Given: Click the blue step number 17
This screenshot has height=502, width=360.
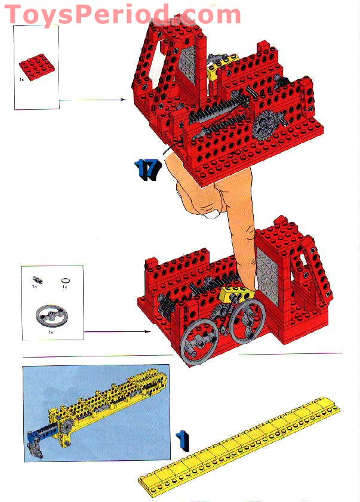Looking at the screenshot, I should tap(148, 170).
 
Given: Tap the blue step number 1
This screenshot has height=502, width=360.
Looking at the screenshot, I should tap(183, 440).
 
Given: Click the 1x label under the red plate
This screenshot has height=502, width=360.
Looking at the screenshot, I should tap(21, 79).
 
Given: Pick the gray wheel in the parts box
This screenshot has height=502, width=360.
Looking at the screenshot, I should tap(50, 315).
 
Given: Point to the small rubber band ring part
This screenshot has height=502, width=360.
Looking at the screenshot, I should tap(65, 279).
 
